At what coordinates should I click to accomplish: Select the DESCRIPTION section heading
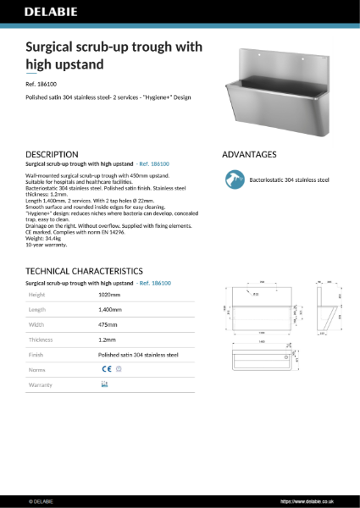point(53,155)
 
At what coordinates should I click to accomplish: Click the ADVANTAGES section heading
point(249,155)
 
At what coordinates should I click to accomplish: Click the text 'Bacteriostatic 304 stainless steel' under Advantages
point(289,179)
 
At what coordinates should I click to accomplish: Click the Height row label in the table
point(37,295)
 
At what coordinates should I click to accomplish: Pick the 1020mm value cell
point(110,295)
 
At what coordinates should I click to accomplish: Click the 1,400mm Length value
point(110,310)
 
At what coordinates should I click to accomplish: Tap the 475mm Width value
point(109,324)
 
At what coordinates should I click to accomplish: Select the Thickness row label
point(42,340)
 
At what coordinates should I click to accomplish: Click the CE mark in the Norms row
point(106,369)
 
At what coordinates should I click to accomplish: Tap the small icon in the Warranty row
point(104,384)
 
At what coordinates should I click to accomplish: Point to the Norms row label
point(37,370)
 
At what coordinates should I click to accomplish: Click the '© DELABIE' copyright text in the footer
point(42,500)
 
